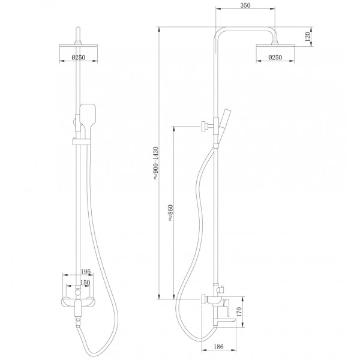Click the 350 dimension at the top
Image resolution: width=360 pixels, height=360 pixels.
[x=245, y=5]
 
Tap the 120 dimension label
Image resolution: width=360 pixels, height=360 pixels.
[x=308, y=37]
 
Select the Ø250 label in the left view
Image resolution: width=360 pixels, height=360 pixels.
[x=78, y=57]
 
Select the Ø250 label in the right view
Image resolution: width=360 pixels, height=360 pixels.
[x=275, y=57]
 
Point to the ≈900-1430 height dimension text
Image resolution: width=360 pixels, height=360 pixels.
[x=155, y=163]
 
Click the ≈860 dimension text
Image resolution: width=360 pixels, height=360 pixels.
[x=170, y=212]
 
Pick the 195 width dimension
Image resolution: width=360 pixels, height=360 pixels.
[x=86, y=272]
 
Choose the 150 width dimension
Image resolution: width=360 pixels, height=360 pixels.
[x=85, y=283]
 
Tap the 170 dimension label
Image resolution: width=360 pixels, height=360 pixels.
[x=239, y=311]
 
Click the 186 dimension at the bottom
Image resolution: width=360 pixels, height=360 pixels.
[x=218, y=346]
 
